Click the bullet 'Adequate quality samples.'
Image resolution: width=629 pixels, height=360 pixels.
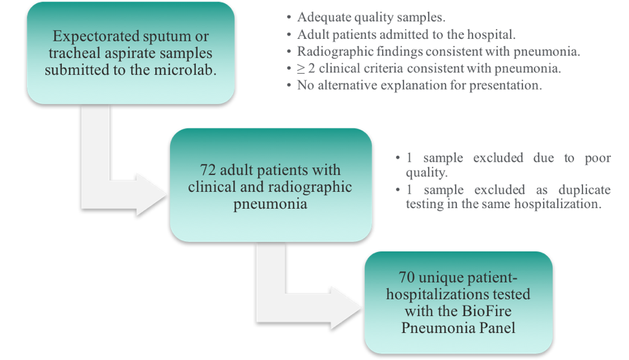click(x=350, y=18)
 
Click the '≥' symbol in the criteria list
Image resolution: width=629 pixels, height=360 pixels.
click(x=301, y=68)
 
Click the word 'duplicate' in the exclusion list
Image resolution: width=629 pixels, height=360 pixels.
click(x=582, y=189)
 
